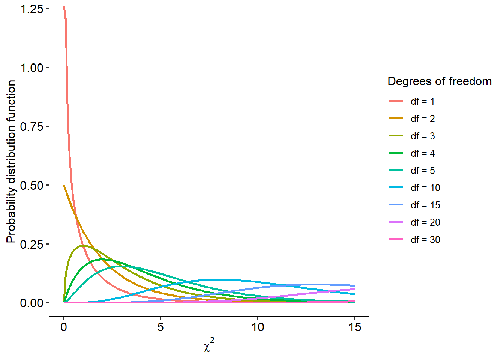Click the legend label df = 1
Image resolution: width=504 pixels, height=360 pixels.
tap(422, 101)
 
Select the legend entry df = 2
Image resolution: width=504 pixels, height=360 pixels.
tap(422, 119)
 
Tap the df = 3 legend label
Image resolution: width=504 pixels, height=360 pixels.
tap(422, 136)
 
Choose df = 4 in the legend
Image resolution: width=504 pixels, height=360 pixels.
tap(422, 153)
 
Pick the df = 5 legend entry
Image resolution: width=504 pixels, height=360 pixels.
tap(422, 171)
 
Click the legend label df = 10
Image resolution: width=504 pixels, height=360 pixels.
tap(425, 188)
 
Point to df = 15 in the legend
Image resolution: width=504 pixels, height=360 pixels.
tap(425, 205)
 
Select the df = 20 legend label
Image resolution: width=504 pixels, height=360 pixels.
tap(425, 222)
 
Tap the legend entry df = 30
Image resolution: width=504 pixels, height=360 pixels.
tap(425, 240)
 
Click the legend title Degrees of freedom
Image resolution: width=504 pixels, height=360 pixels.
tap(439, 81)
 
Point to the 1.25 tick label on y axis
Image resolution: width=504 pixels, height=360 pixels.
tap(32, 9)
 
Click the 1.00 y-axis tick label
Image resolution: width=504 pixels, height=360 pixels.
tap(32, 68)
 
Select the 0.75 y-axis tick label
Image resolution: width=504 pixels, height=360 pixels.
tap(32, 127)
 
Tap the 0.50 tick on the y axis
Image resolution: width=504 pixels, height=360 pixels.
tap(32, 185)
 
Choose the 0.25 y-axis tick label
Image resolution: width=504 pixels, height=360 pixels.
tap(32, 244)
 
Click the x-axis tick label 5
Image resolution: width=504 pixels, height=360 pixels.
tap(160, 327)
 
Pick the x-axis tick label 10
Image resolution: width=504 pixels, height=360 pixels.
tap(258, 327)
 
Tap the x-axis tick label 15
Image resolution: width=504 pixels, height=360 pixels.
tap(355, 327)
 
